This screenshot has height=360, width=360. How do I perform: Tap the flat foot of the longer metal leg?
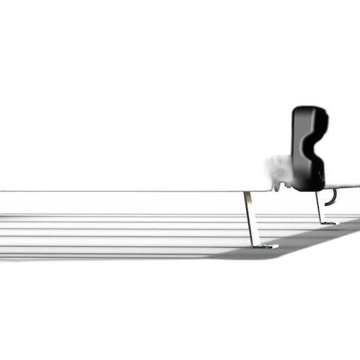pos(266,245)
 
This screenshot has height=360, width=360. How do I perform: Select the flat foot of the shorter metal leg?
pos(328,223)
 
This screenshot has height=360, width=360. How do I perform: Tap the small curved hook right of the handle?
pos(332,196)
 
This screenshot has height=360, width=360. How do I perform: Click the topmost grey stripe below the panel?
pos(112,217)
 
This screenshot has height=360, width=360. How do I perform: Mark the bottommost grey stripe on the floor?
pos(112,256)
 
